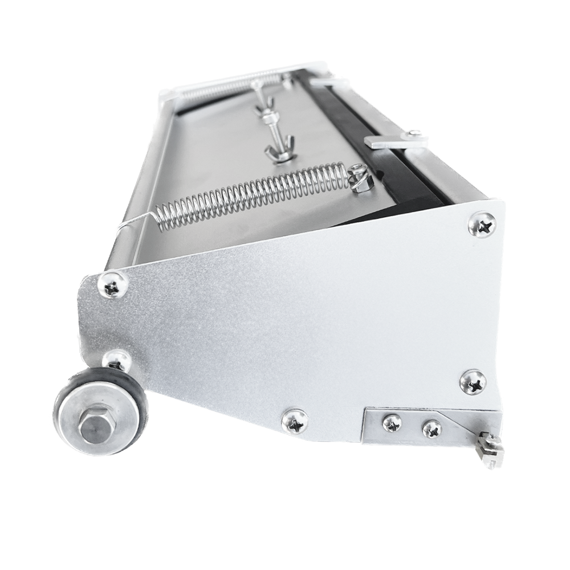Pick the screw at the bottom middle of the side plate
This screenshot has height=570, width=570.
(x=295, y=422)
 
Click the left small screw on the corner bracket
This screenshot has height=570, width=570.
(x=392, y=422)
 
